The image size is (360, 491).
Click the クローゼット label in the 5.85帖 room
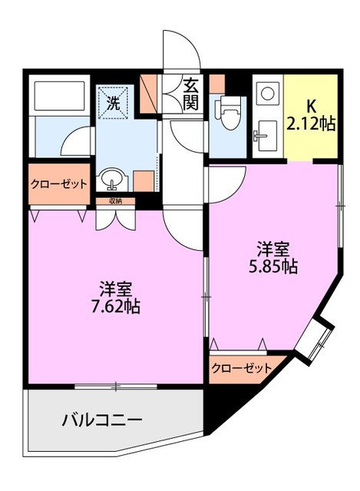241,368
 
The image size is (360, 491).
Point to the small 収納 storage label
116,201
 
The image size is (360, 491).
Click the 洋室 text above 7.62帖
118,289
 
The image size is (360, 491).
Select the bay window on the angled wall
316,338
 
